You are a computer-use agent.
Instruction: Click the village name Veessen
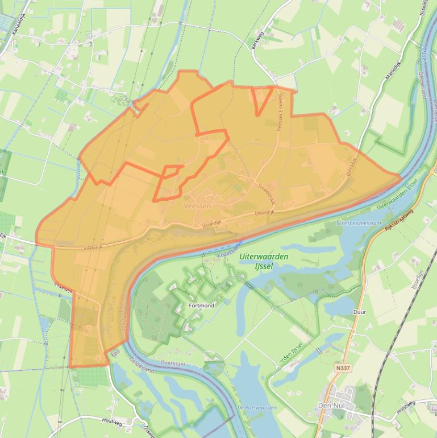pos(198,206)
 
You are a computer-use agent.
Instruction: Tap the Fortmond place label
pos(201,306)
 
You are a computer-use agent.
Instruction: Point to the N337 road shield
pos(343,368)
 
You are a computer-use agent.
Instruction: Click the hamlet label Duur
pos(359,312)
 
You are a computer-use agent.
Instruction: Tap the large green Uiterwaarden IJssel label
pos(264,261)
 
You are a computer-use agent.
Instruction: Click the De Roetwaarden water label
pos(257,407)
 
